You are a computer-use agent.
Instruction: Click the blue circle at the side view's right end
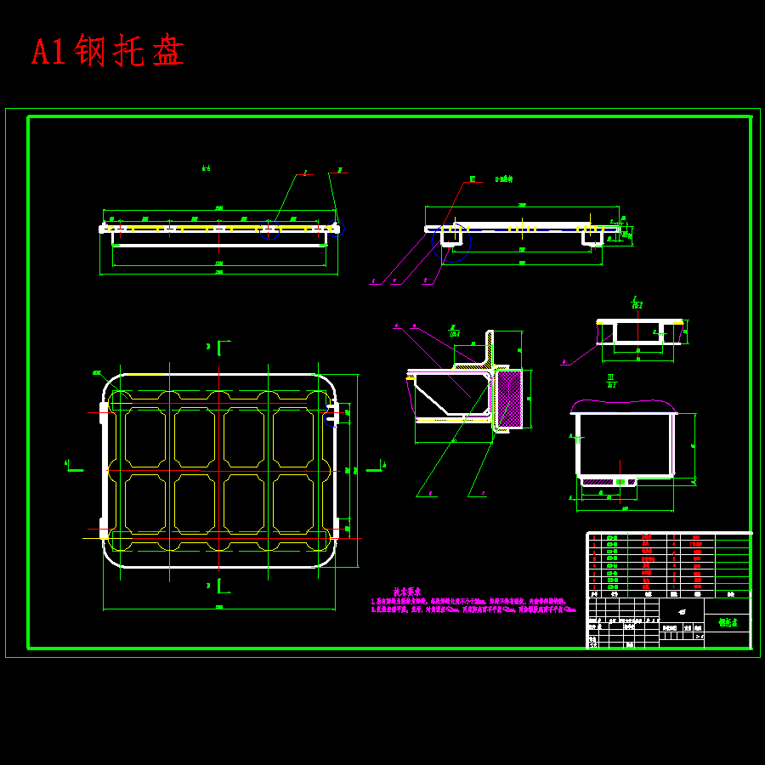pyautogui.click(x=335, y=228)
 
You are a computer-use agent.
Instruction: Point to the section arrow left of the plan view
pyautogui.click(x=73, y=466)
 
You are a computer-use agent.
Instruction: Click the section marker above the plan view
pyautogui.click(x=220, y=347)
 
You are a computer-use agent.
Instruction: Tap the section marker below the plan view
pyautogui.click(x=220, y=585)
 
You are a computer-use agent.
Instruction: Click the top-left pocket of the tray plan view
pyautogui.click(x=146, y=437)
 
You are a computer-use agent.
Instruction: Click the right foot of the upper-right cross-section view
pyautogui.click(x=592, y=239)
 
